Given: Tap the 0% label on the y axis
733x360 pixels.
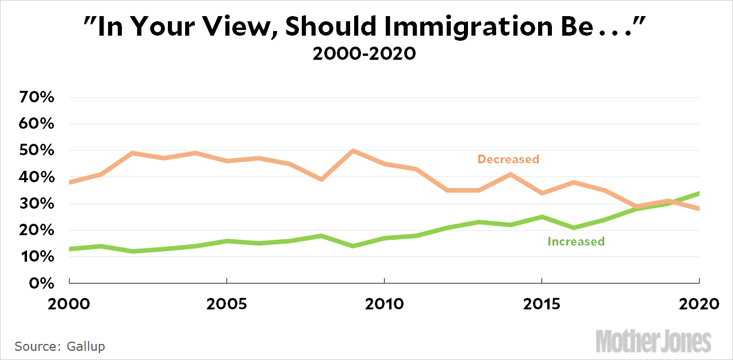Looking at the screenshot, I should tap(42, 284).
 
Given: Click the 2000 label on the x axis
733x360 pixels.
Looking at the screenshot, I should tap(69, 303).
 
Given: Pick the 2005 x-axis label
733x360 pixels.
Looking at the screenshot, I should tap(227, 303).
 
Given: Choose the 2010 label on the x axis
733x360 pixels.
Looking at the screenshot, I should tap(384, 303).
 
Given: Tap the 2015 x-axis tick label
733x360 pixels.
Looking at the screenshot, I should tap(542, 303).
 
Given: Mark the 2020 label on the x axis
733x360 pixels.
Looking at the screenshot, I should tap(698, 303).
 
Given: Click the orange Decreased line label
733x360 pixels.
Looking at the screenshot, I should tap(508, 159).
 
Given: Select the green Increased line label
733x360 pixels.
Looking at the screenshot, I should tap(575, 242).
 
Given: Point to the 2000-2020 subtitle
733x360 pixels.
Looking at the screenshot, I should tap(363, 54).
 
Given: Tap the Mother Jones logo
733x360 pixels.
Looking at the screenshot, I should tap(654, 341).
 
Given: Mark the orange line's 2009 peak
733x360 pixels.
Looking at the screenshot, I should tap(352, 151).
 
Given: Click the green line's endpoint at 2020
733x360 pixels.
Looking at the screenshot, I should tap(699, 193).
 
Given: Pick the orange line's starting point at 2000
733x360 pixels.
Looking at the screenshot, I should tap(70, 182).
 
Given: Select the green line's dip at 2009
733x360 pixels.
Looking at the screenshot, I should tap(352, 246).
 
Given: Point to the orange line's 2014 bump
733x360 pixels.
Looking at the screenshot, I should tap(510, 174).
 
